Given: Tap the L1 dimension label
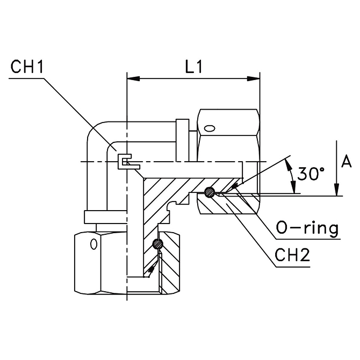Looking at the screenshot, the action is point(194,67).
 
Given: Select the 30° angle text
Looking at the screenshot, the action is point(311,174).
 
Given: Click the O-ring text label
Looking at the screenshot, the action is point(307,228).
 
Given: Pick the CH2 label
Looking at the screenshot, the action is point(292,255).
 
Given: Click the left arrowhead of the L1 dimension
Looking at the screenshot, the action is point(133,79).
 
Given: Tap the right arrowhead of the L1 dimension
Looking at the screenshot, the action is point(254,79).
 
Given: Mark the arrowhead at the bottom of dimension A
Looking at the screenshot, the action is point(336,190).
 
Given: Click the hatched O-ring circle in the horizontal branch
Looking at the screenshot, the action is point(210,192).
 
